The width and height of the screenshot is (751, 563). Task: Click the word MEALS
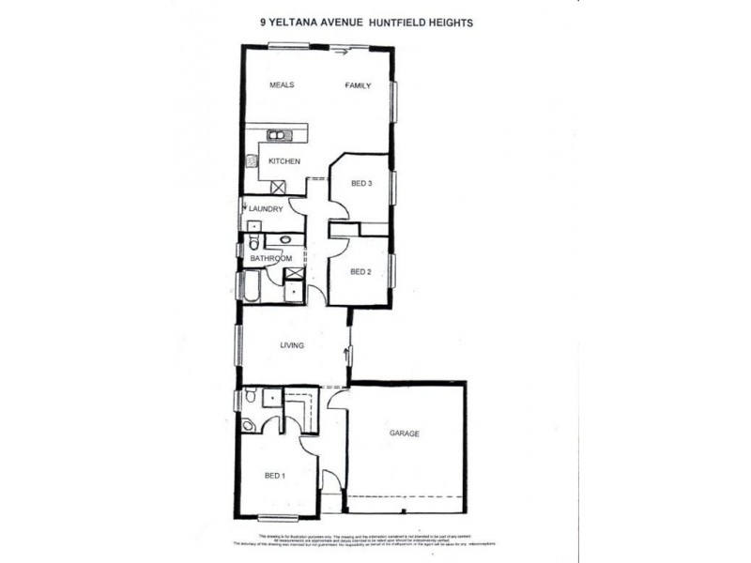tap(283, 85)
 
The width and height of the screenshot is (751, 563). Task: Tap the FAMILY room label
tap(358, 85)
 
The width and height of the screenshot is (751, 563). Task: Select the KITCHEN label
tap(284, 162)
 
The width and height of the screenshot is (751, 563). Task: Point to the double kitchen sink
tap(280, 136)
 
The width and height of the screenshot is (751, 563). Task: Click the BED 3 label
tap(362, 184)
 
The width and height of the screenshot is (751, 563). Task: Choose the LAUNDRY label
tap(266, 209)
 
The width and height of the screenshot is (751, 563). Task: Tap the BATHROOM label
tap(270, 258)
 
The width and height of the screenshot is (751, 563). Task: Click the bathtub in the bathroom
tap(253, 285)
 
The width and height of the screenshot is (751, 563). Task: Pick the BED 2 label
tap(362, 272)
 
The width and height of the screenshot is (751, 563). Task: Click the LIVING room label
tap(292, 346)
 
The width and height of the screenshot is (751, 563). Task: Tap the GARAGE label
tap(405, 434)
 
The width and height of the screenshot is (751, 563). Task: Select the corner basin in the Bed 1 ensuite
tap(248, 425)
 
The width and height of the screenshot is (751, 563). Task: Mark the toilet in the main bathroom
tap(253, 245)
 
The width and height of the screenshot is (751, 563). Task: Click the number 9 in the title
tap(261, 22)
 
